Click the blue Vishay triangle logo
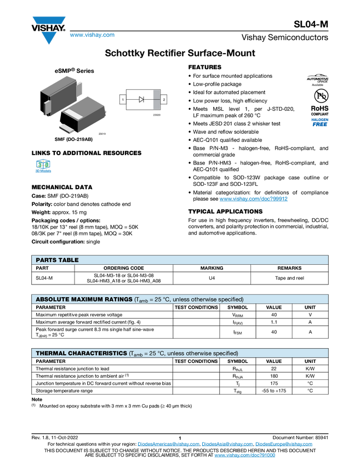49,38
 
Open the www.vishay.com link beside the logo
92,35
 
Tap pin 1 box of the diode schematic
123,99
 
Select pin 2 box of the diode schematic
164,99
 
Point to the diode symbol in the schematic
141,99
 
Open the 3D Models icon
43,167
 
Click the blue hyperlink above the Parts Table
254,198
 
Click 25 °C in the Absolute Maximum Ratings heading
160,299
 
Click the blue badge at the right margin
319,122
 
